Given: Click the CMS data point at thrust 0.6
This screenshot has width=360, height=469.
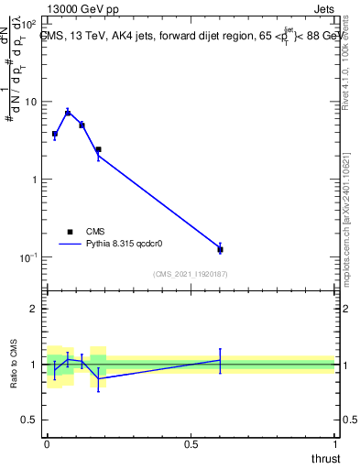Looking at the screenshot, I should pos(220,249).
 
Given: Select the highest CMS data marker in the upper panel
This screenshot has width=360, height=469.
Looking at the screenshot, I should pos(68,113).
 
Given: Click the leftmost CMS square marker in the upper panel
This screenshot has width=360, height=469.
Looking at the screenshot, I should pos(55,134).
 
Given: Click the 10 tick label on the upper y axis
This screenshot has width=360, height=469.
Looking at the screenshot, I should pos(30,102).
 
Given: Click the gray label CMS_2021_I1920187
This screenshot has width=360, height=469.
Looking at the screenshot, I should pos(191,274).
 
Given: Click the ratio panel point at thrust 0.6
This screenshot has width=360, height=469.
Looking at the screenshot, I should pos(220,360).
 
